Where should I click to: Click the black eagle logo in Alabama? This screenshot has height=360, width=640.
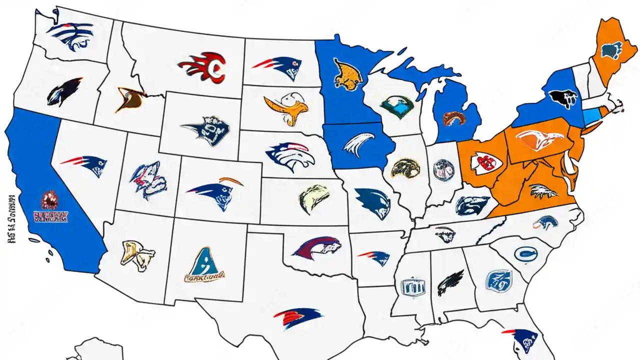(450, 283)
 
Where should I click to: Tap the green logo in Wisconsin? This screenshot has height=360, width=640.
(397, 105)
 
